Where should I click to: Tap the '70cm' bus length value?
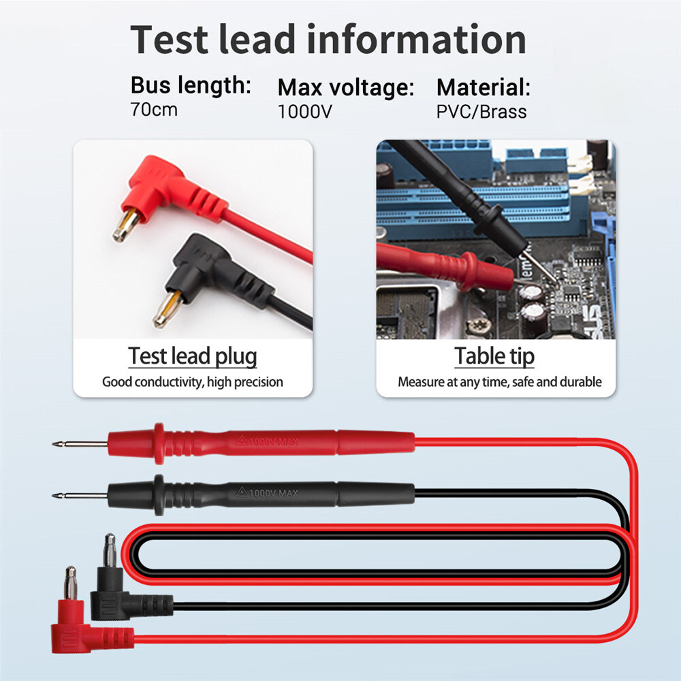point(154,110)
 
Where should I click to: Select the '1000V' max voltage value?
point(305,112)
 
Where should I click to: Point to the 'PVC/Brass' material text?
point(481,112)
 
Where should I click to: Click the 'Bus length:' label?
point(191,85)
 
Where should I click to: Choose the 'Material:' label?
point(484,87)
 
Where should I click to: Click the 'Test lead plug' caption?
point(193,356)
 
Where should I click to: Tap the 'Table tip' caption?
point(494,356)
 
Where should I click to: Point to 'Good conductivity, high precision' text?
point(193,382)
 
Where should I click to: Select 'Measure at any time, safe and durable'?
point(499,382)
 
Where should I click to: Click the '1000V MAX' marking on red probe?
point(268,441)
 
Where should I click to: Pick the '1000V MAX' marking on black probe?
point(268,493)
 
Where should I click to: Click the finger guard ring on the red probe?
point(159,443)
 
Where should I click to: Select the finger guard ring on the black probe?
point(159,495)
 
